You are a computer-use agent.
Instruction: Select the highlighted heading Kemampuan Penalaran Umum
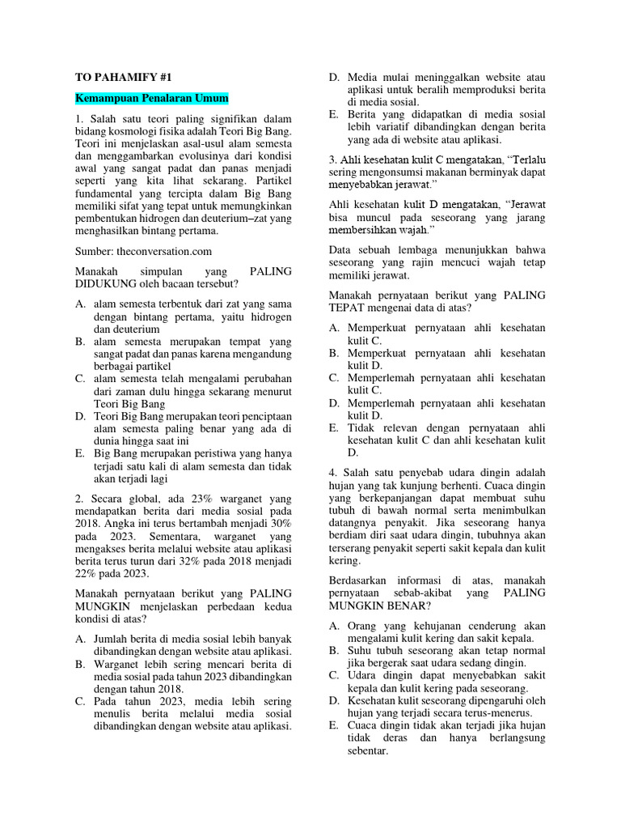(152, 99)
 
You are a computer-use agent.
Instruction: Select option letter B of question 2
(80, 664)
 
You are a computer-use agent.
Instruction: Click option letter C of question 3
(334, 377)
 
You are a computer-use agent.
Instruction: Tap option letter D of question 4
(334, 700)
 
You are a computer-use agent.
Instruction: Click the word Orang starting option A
(363, 626)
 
